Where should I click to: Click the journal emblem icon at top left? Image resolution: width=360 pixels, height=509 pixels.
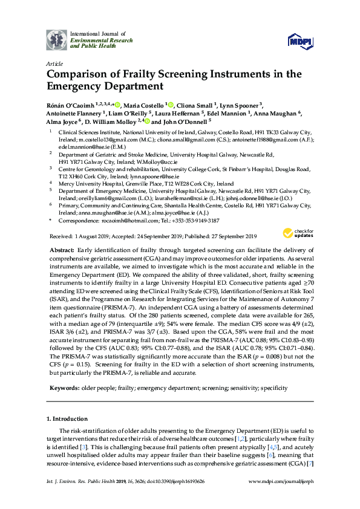57,39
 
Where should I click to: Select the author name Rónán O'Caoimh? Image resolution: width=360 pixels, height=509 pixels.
72,104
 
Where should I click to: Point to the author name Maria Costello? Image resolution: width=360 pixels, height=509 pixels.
146,104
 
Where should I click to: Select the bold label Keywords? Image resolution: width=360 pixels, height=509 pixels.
65,387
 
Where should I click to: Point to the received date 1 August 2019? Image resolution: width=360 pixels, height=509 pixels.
90,236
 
